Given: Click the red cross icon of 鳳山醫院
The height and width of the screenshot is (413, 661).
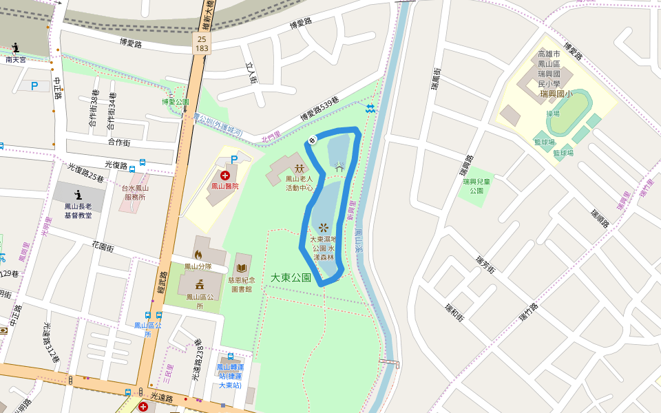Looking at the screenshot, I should point(224,176).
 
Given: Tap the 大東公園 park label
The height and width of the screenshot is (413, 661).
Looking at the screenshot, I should point(290,277).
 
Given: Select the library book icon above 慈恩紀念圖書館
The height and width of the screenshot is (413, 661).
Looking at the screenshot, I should point(242,267).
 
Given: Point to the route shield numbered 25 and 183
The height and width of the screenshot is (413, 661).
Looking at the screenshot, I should point(201,44).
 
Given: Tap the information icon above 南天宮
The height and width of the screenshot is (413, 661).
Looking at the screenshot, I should point(16,48).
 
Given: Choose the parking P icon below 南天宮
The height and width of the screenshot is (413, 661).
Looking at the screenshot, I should point(34,86).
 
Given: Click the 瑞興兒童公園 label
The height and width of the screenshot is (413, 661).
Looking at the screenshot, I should point(476,186).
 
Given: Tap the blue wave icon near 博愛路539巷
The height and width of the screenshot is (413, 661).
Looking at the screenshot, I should point(370,109).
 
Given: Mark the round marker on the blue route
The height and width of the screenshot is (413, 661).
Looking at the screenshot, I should point(312,140).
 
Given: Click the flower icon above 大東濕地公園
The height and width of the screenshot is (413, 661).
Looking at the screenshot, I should point(323,226).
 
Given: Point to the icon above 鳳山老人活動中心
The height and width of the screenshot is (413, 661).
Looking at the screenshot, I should point(299,168).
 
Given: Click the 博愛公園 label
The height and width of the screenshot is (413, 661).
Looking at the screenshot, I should point(175,102).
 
